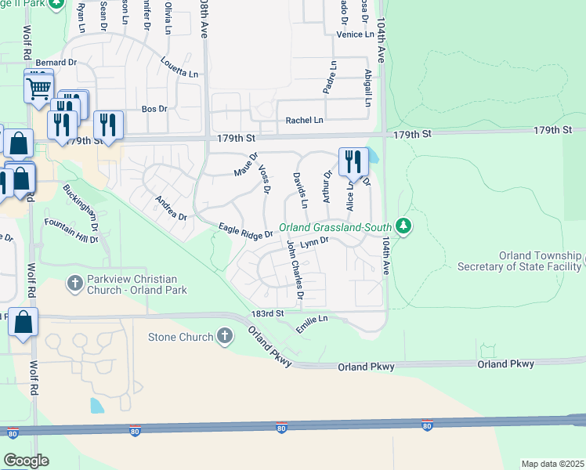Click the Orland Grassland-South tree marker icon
pos(403,226)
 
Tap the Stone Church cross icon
pos(225,338)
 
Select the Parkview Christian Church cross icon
pos(75,283)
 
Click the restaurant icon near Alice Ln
pos(353,161)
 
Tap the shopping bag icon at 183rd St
pos(24,321)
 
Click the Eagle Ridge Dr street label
pos(245,231)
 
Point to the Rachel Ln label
pos(304,120)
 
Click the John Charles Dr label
pos(294,271)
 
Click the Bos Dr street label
pos(154,109)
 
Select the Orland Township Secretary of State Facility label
pos(541,262)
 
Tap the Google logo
pos(26,461)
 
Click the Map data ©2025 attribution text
pos(552,464)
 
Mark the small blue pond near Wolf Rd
pos(96,405)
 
